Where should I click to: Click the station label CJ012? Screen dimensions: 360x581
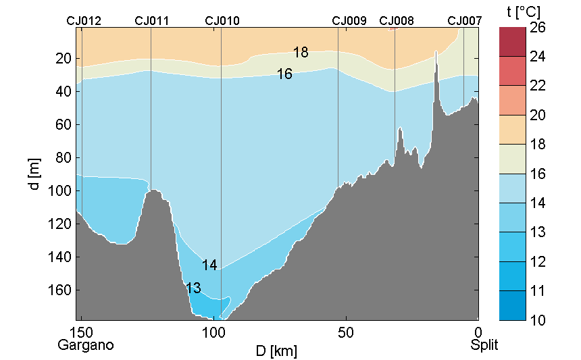tap(84, 21)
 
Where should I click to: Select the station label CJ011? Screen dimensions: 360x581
tap(152, 21)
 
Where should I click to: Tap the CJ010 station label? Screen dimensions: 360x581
tap(222, 21)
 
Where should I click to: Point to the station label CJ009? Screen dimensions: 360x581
tap(349, 21)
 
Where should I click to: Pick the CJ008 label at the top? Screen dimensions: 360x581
tap(397, 21)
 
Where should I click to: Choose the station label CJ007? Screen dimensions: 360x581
tap(465, 21)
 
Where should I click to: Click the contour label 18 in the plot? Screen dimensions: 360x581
tap(301, 53)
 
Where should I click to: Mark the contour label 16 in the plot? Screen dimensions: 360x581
tap(284, 74)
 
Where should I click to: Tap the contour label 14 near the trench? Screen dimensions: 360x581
tap(209, 265)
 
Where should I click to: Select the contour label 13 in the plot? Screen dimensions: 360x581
tap(193, 288)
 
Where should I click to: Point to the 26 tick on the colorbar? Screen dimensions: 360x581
tap(538, 28)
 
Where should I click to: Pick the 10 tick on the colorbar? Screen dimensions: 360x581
tap(538, 319)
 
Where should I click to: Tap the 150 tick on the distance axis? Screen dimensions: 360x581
tap(81, 333)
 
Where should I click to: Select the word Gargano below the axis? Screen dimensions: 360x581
tap(85, 345)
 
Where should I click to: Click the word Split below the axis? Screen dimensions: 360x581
tap(484, 345)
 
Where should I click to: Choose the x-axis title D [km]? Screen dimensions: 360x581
tap(276, 351)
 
